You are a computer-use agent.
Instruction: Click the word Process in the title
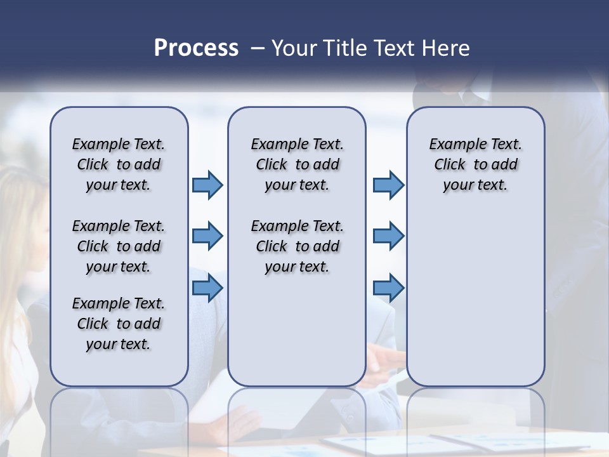coord(196,48)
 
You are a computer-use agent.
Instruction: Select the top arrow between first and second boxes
coord(207,185)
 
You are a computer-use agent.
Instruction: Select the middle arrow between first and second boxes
coord(207,236)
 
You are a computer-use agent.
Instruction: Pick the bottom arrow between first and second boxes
coord(207,288)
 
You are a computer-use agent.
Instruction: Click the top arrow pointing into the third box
coord(388,185)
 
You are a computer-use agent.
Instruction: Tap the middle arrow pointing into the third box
coord(388,236)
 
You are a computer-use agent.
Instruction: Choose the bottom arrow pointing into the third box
coord(388,288)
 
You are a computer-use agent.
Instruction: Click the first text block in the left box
coord(119,164)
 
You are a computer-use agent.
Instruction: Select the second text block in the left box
coord(119,246)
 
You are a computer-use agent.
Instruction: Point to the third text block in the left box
coord(119,324)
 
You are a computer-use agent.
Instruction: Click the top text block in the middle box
coord(297,164)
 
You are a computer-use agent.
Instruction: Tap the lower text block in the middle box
coord(297,246)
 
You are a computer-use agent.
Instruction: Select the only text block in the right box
coord(475,164)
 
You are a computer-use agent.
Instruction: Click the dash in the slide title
coord(258,48)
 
